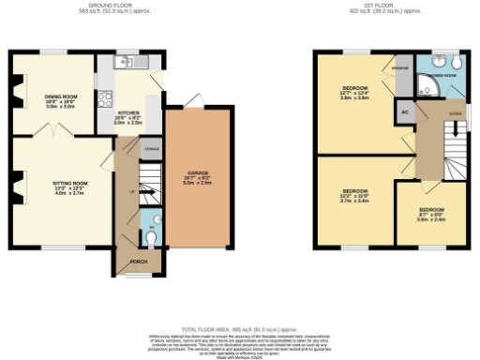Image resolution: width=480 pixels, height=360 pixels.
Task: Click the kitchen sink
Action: click(x=127, y=62)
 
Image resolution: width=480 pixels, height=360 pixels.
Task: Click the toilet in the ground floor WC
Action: click(x=153, y=235)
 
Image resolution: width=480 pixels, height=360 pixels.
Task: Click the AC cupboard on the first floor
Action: click(x=404, y=112)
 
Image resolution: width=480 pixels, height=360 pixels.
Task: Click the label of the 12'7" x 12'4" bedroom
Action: click(x=353, y=92)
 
